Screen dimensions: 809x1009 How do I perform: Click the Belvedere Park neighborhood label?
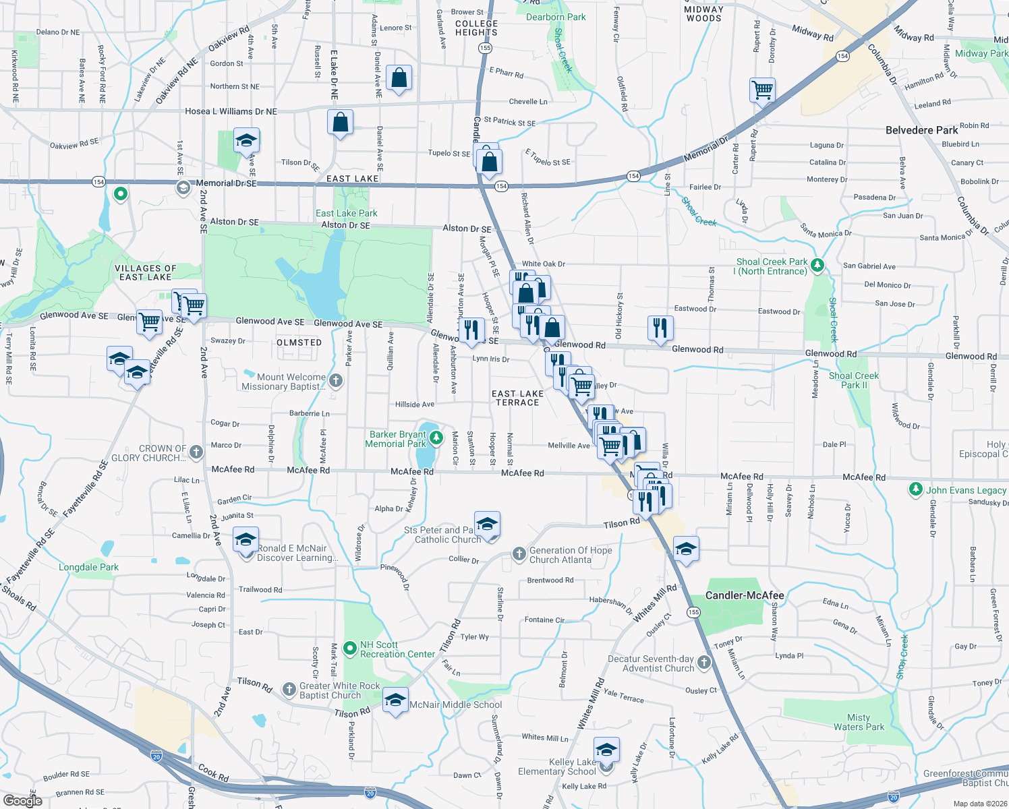click(x=921, y=130)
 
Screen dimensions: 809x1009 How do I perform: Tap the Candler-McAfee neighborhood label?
click(x=745, y=595)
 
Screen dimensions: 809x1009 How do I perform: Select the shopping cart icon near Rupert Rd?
click(x=762, y=90)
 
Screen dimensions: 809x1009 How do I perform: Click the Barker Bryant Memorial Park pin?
click(x=436, y=438)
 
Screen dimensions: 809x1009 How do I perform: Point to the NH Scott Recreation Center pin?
click(x=349, y=649)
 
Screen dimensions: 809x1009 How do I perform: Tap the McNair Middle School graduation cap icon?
click(x=395, y=700)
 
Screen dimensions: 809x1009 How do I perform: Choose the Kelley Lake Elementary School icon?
click(x=606, y=750)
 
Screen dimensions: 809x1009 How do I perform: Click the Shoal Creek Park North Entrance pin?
click(x=817, y=265)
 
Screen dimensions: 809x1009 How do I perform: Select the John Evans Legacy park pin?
click(x=915, y=489)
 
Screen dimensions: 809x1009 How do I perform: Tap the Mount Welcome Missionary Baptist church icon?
click(x=336, y=381)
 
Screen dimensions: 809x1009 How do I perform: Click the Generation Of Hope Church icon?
click(x=519, y=554)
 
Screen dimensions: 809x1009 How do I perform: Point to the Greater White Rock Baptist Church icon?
click(x=289, y=689)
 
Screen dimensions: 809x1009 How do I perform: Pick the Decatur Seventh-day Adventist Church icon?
click(x=704, y=663)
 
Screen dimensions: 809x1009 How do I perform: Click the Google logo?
click(x=22, y=801)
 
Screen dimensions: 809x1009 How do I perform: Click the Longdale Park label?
click(x=88, y=567)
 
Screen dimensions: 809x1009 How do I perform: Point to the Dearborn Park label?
click(x=556, y=17)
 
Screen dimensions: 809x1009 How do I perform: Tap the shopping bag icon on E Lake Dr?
click(x=340, y=123)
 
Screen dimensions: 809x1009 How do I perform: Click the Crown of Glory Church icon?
click(x=196, y=452)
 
